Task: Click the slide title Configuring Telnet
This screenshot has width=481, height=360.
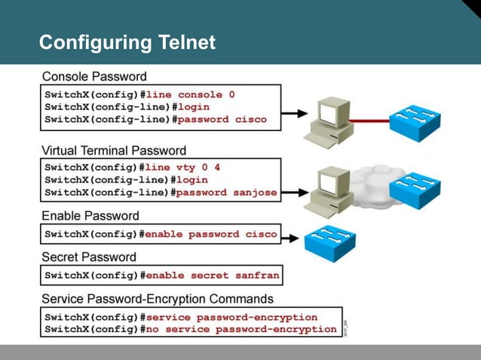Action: pyautogui.click(x=127, y=42)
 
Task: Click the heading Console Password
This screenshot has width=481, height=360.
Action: pyautogui.click(x=94, y=76)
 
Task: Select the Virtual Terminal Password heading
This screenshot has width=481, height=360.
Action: pyautogui.click(x=114, y=151)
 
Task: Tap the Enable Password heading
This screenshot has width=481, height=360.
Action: pyautogui.click(x=90, y=215)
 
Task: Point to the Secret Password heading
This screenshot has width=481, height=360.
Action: pyautogui.click(x=89, y=257)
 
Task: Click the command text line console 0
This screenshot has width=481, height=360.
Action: pyautogui.click(x=190, y=95)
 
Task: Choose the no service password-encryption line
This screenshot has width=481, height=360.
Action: pyautogui.click(x=241, y=329)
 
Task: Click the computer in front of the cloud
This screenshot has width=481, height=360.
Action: pyautogui.click(x=329, y=189)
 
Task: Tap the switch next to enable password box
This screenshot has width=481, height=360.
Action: pyautogui.click(x=329, y=243)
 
